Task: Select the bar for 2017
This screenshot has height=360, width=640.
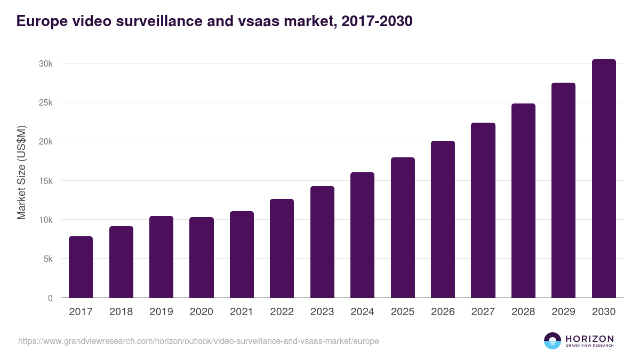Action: pyautogui.click(x=81, y=267)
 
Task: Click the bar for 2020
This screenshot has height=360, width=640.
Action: pyautogui.click(x=202, y=258)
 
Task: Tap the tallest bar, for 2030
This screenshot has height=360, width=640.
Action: pyautogui.click(x=604, y=179)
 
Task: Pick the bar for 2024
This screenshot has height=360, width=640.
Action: pyautogui.click(x=362, y=235)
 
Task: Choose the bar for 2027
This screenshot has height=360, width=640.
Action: pyautogui.click(x=483, y=210)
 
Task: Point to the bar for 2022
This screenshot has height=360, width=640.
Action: pyautogui.click(x=282, y=249)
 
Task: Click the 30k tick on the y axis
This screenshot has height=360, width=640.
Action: pyautogui.click(x=46, y=63)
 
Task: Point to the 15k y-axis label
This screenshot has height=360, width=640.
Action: pyautogui.click(x=46, y=181)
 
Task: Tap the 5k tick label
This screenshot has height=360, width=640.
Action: pyautogui.click(x=47, y=259)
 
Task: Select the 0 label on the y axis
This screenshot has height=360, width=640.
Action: pyautogui.click(x=50, y=298)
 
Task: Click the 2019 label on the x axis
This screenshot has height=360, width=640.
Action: pyautogui.click(x=161, y=312)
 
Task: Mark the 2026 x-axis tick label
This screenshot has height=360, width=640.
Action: pyautogui.click(x=443, y=312)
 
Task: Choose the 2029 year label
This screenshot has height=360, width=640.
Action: pyautogui.click(x=563, y=312)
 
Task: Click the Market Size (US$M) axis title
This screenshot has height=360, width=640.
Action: pyautogui.click(x=21, y=172)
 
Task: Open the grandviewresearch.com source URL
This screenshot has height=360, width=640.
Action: pyautogui.click(x=198, y=341)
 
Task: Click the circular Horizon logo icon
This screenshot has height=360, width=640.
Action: pyautogui.click(x=553, y=341)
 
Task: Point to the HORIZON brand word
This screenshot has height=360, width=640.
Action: pyautogui.click(x=589, y=339)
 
